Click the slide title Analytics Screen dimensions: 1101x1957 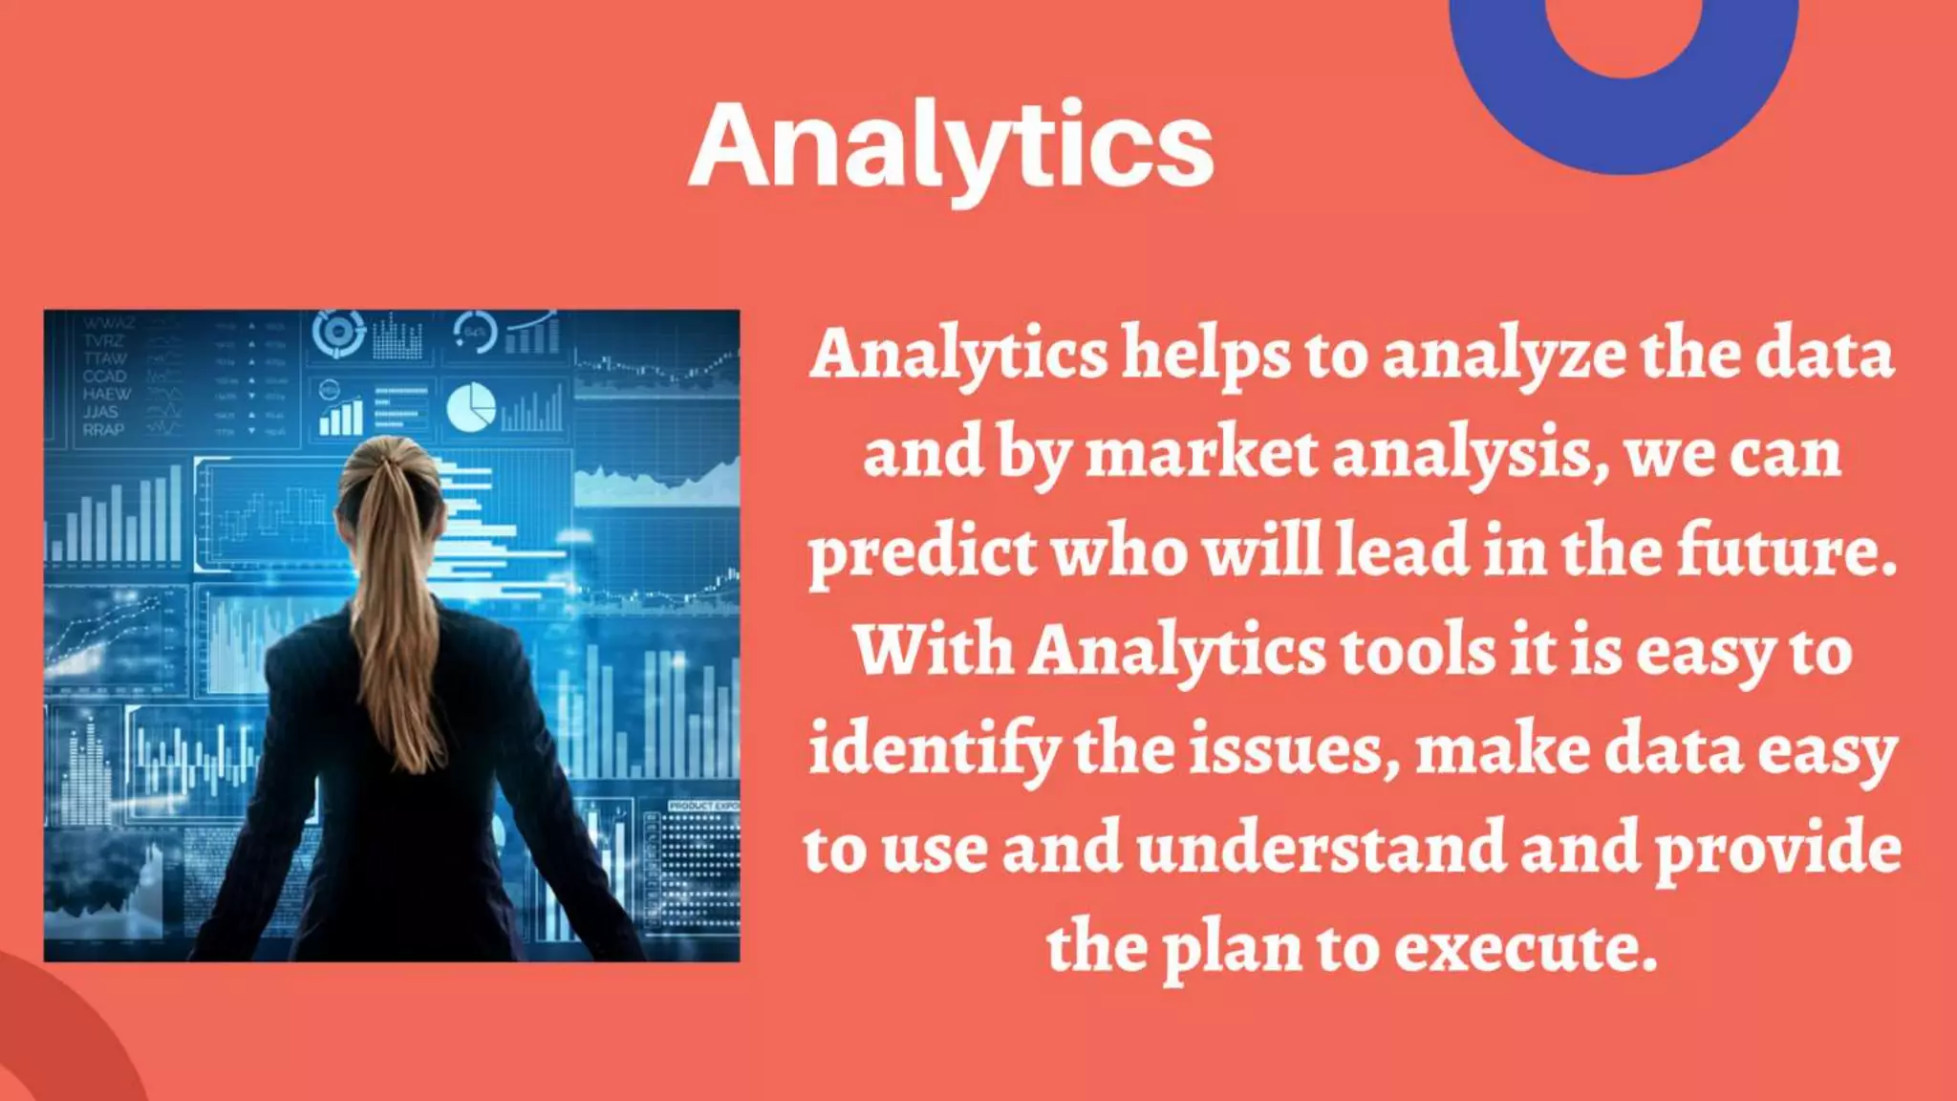[x=951, y=146]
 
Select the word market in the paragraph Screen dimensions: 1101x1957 [x=1202, y=453]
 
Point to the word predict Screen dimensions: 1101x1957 [x=922, y=554]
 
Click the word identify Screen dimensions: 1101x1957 [x=932, y=751]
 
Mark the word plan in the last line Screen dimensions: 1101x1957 [x=1231, y=950]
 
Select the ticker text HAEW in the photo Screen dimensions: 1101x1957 [x=106, y=394]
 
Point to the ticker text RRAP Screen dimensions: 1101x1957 [x=103, y=430]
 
